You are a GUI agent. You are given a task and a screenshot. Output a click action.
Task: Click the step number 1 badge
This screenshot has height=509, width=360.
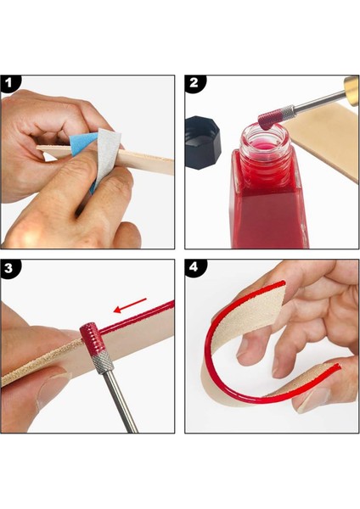tap(8, 83)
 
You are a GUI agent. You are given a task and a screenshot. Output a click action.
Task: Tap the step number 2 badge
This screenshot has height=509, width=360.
tap(194, 82)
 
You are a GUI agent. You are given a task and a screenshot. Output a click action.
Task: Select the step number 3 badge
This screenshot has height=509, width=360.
tap(8, 268)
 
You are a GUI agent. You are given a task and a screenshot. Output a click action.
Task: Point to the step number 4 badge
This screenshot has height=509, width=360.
tap(194, 267)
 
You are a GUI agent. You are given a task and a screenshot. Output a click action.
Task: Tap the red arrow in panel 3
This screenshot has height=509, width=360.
tap(130, 305)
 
